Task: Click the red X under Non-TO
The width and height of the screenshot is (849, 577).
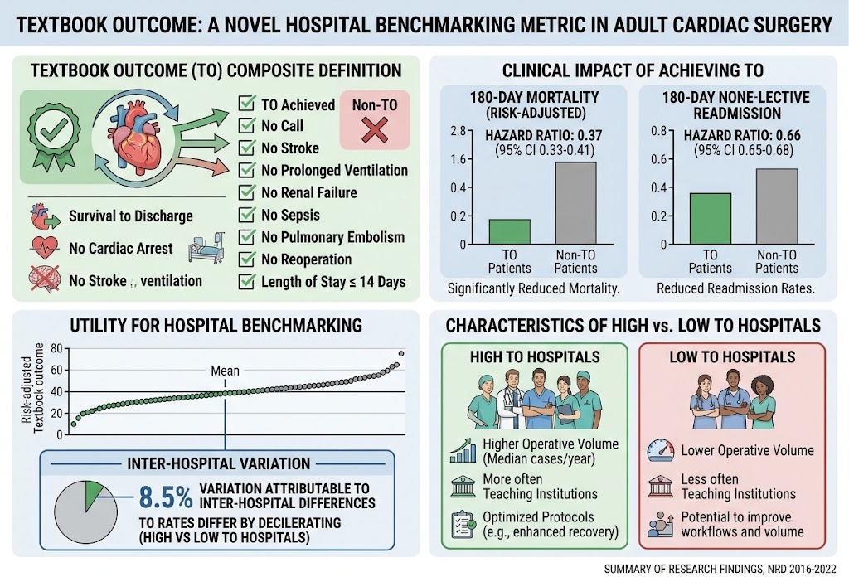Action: (375, 130)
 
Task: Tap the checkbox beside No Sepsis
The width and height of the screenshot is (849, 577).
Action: (247, 215)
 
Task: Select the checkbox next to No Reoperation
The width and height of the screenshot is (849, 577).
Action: (247, 259)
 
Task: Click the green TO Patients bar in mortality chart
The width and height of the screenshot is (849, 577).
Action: (510, 231)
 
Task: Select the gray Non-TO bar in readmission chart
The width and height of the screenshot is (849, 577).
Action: (777, 206)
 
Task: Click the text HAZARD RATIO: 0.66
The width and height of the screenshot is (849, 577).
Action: (742, 135)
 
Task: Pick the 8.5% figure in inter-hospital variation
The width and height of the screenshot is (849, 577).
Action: (166, 497)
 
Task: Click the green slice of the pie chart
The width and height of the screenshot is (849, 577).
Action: (92, 493)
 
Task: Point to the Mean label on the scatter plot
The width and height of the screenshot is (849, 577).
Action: (226, 371)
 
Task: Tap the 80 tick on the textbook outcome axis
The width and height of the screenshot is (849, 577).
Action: (57, 348)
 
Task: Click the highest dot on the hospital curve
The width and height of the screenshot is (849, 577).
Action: (401, 353)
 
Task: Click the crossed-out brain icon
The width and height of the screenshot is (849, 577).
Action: (45, 279)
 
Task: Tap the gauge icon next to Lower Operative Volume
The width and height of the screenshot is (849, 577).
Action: (661, 450)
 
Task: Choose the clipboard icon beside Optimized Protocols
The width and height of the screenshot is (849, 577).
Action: (463, 524)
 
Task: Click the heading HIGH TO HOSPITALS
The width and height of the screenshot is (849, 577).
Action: (535, 357)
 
